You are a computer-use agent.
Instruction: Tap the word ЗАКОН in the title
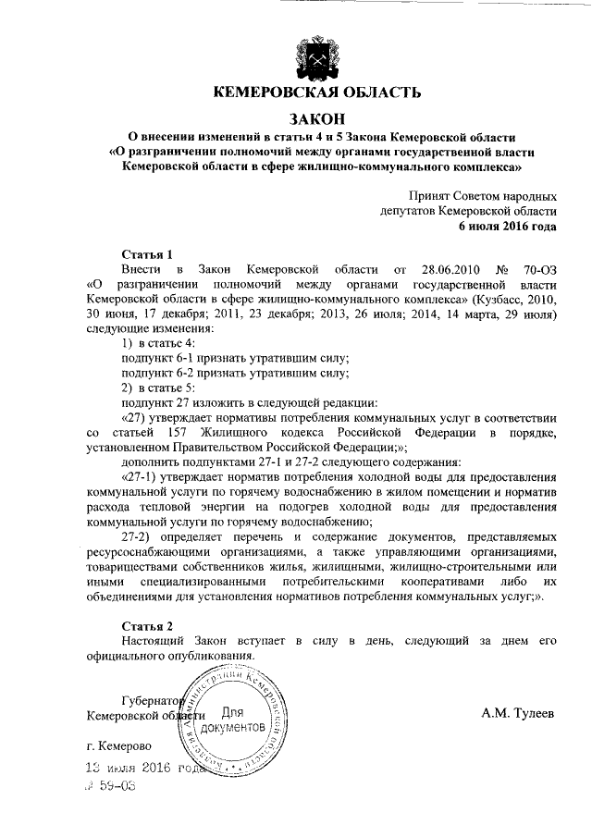317,118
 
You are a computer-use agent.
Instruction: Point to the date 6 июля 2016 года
508,225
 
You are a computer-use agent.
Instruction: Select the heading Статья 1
149,253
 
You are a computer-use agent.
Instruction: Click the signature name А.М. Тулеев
519,713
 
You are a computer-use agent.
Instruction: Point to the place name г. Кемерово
120,745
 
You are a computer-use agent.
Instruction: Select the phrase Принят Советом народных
483,196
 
